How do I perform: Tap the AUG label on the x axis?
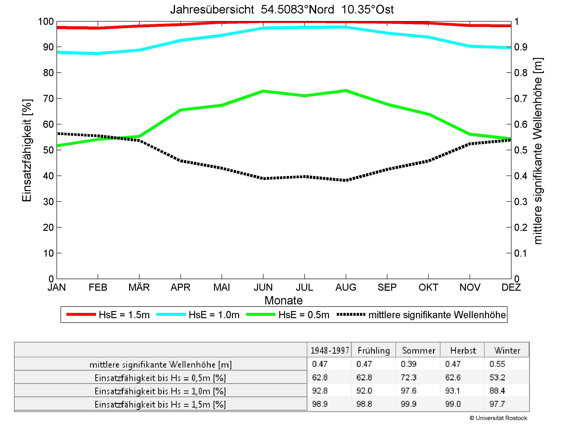point(346,287)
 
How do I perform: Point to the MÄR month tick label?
point(139,287)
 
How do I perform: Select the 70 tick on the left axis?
point(48,99)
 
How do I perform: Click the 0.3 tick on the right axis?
point(520,202)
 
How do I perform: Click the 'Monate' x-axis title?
point(284,300)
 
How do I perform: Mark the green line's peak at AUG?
point(346,90)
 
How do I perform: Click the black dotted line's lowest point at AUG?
point(346,180)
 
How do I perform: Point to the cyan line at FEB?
point(98,53)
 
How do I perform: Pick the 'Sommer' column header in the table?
point(419,351)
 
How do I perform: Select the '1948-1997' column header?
point(330,351)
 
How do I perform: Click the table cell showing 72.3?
point(408,378)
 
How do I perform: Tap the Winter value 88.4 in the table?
point(497,391)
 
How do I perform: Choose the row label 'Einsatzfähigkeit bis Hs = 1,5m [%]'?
point(160,404)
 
